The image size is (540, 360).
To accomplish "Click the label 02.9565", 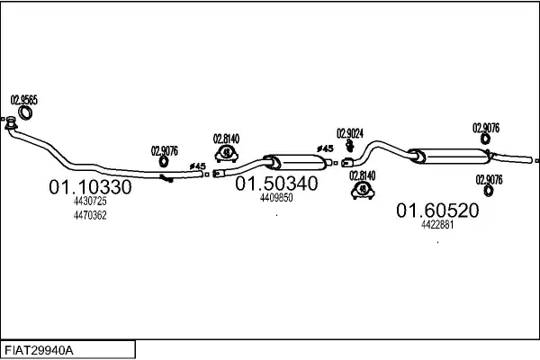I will (x=23, y=100).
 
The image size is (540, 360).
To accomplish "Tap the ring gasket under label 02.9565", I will (x=27, y=113).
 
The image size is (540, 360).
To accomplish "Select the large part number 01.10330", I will (x=89, y=188).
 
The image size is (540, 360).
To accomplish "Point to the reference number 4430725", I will (x=89, y=202).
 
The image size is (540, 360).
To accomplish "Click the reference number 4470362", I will (x=89, y=215).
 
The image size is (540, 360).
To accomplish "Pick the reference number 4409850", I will (x=276, y=197).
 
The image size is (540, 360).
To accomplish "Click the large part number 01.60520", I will (x=437, y=211).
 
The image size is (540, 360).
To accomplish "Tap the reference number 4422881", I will (x=437, y=225).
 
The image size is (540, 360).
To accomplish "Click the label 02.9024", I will (x=349, y=133).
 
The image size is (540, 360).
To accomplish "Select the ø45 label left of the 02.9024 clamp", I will (x=325, y=148).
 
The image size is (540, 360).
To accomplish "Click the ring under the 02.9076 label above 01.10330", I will (x=165, y=163).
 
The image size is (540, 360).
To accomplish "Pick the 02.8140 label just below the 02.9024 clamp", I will (x=363, y=175).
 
